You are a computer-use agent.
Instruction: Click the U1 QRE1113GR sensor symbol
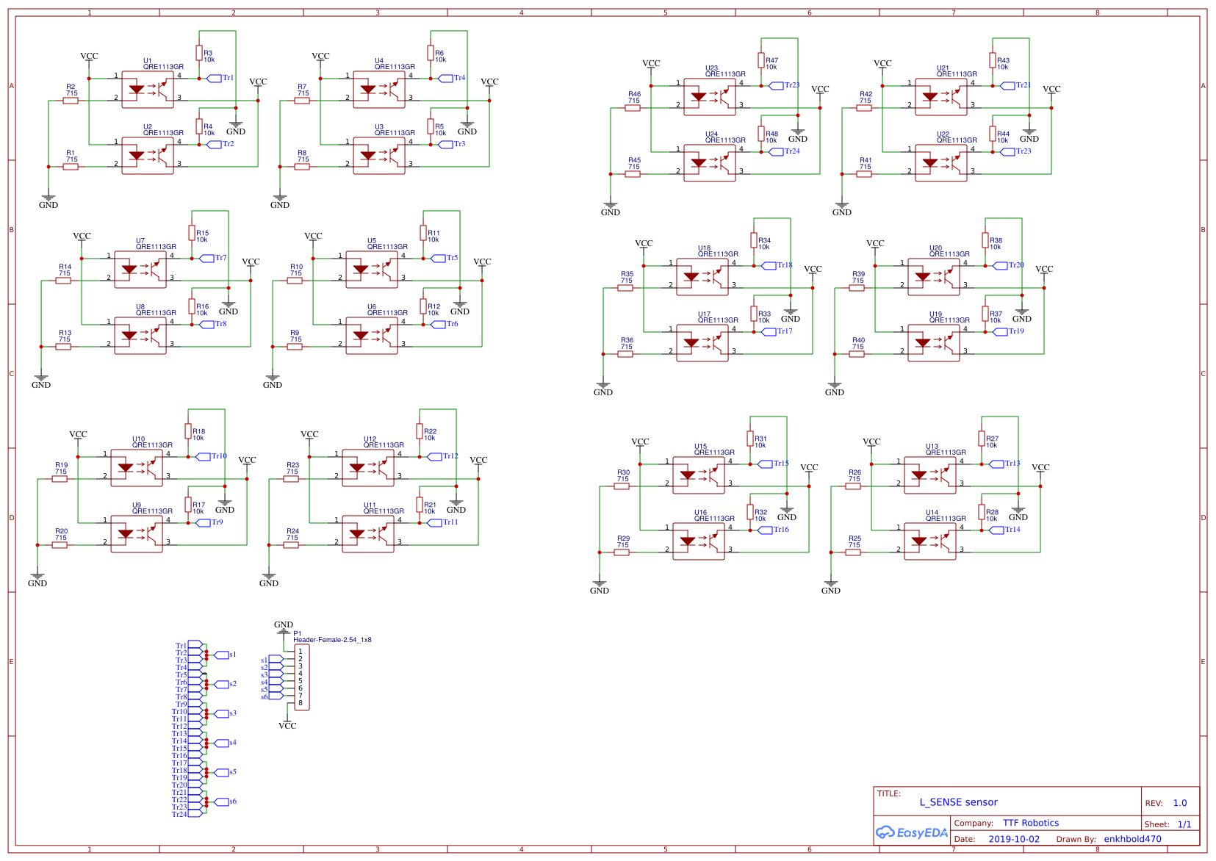pyautogui.click(x=148, y=90)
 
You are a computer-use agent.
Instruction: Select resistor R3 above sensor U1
pyautogui.click(x=199, y=53)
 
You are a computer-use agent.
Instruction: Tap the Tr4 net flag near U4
pyautogui.click(x=446, y=78)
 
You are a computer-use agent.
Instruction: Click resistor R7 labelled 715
pyautogui.click(x=302, y=101)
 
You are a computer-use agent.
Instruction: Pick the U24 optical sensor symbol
pyautogui.click(x=710, y=163)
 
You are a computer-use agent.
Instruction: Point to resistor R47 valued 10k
pyautogui.click(x=761, y=60)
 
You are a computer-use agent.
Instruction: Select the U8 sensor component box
pyautogui.click(x=140, y=336)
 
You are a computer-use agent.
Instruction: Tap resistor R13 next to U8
pyautogui.click(x=63, y=347)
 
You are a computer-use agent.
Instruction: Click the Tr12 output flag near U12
pyautogui.click(x=435, y=456)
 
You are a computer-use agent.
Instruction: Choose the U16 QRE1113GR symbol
pyautogui.click(x=699, y=541)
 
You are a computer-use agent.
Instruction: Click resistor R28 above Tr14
pyautogui.click(x=982, y=511)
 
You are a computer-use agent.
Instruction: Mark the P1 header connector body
pyautogui.click(x=302, y=677)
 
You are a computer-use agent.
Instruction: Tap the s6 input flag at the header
pyautogui.click(x=275, y=696)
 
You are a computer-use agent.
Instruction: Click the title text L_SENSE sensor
pyautogui.click(x=958, y=802)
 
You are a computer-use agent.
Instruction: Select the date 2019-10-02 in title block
pyautogui.click(x=1013, y=839)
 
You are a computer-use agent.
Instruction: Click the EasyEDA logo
pyautogui.click(x=911, y=832)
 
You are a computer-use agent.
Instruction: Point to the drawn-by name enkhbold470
pyautogui.click(x=1132, y=839)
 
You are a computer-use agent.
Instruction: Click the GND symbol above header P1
pyautogui.click(x=284, y=630)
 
